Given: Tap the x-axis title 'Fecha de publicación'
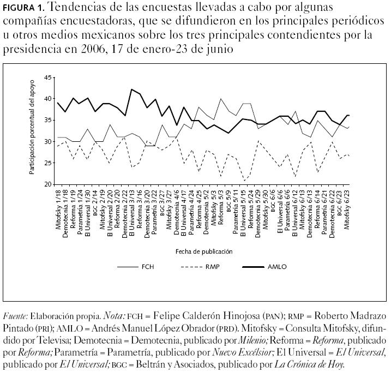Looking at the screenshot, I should (x=204, y=251).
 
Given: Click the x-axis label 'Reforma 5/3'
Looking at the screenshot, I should (x=220, y=211).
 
